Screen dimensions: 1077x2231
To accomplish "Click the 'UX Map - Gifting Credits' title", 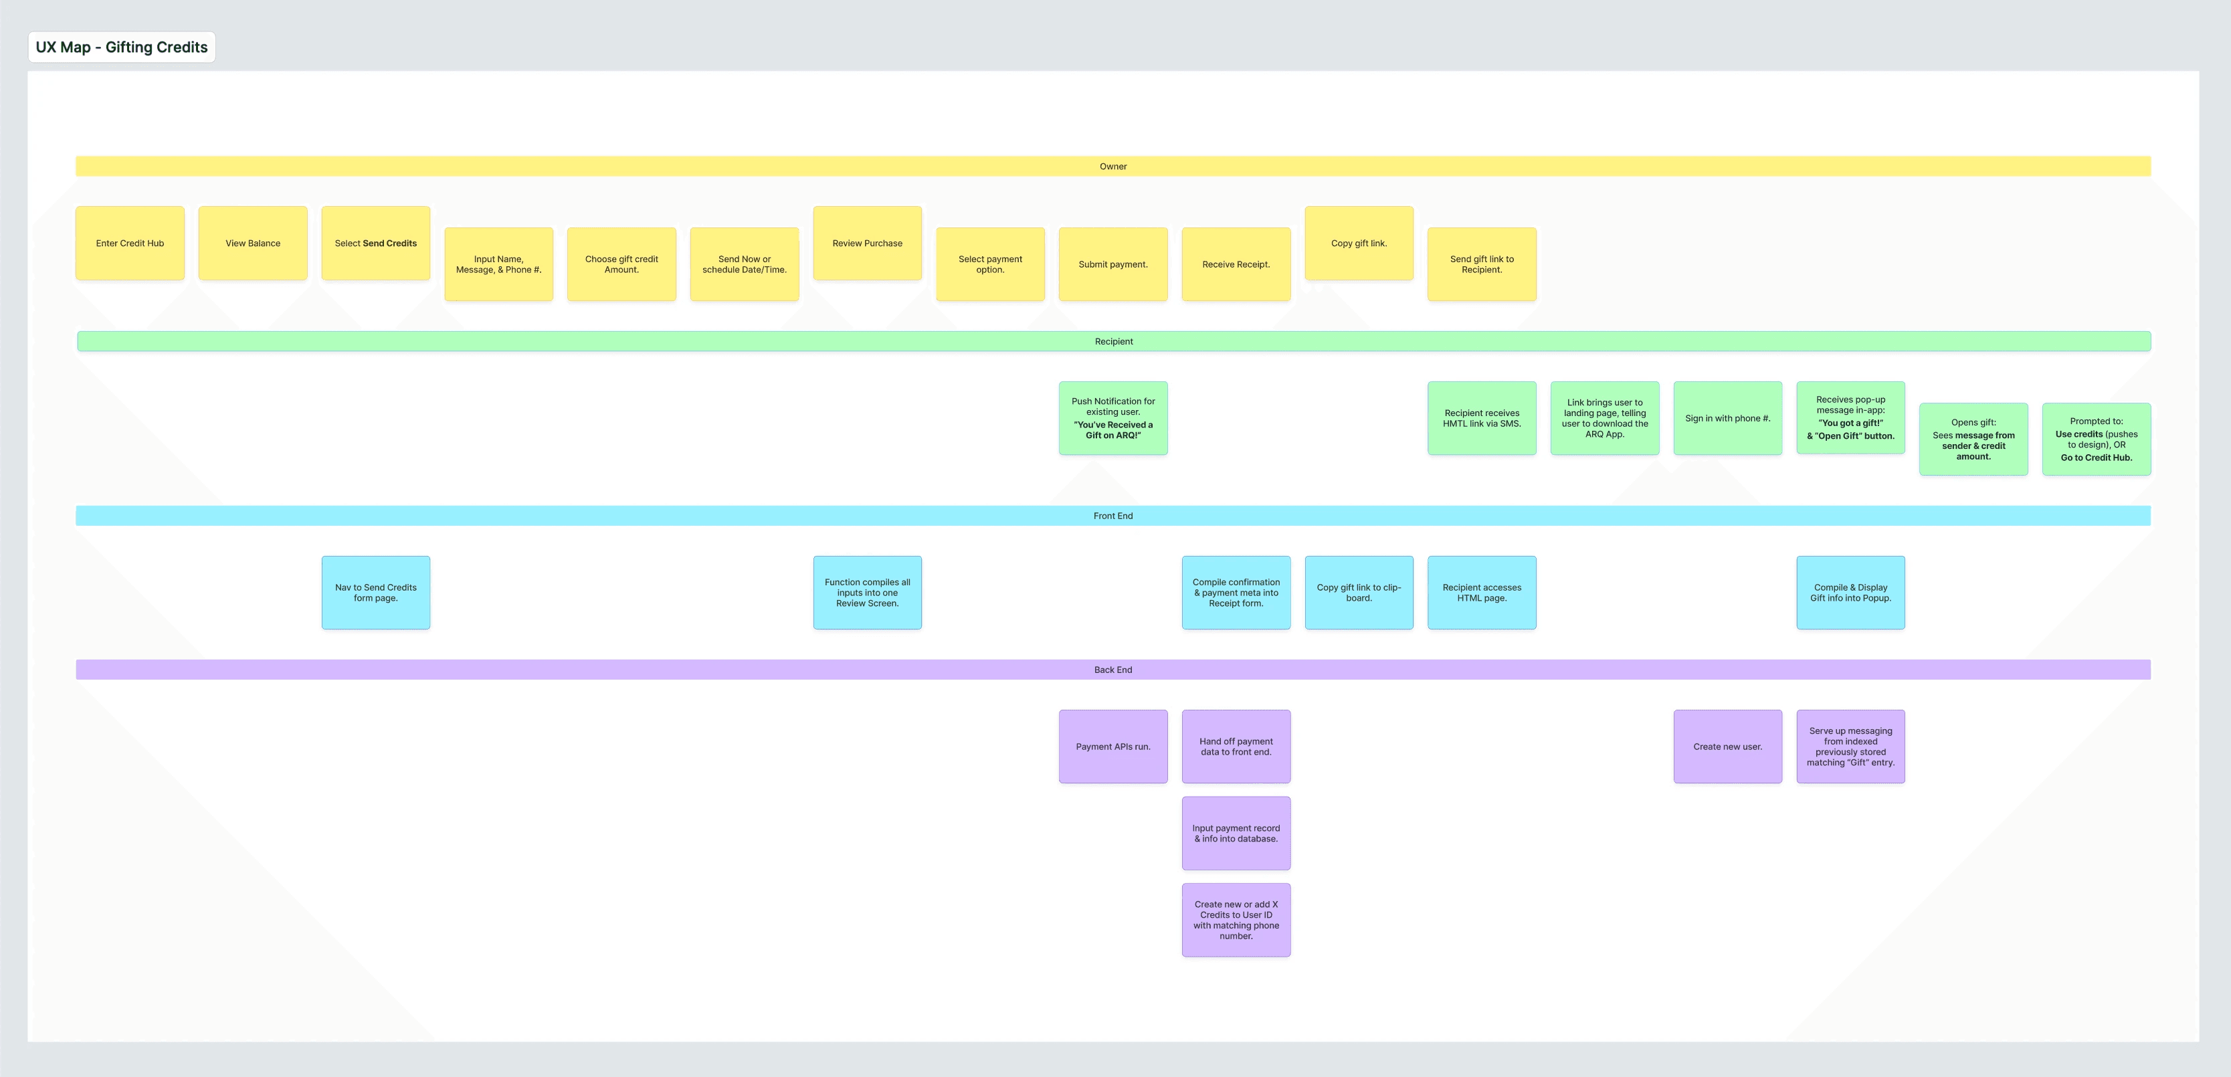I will coord(121,47).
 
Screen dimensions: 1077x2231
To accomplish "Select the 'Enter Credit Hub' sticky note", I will coord(130,243).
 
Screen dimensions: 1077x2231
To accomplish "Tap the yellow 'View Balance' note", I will coord(253,243).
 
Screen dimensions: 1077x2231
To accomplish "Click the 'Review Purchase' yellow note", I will coord(867,243).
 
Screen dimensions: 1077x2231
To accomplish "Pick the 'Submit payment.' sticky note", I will coord(1113,264).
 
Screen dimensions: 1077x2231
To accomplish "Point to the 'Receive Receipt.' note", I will coord(1236,264).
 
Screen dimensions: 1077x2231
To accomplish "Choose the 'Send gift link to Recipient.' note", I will coord(1482,264).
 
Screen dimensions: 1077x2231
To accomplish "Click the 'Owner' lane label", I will coord(1113,166).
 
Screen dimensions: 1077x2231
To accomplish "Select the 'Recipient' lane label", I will coord(1113,341).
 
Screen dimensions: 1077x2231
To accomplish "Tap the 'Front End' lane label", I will coord(1113,516).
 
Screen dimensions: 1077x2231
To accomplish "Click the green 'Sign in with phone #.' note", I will coord(1728,418).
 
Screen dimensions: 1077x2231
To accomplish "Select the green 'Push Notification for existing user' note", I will coord(1113,418).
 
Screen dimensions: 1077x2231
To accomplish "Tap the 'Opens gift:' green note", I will coord(1973,439).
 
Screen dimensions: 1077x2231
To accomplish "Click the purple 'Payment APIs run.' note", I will coord(1113,747).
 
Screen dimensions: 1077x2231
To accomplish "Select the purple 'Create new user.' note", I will coord(1728,747).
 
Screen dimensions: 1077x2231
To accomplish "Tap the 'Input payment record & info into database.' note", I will coord(1236,834).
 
